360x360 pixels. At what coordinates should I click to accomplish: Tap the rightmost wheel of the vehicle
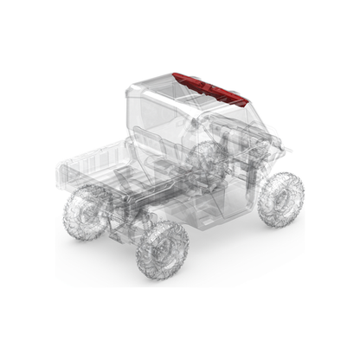pos(282,198)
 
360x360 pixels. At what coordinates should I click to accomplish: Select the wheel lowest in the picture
pos(163,251)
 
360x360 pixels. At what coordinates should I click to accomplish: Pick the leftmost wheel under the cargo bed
pos(85,211)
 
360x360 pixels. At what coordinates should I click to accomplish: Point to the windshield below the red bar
pos(229,121)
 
